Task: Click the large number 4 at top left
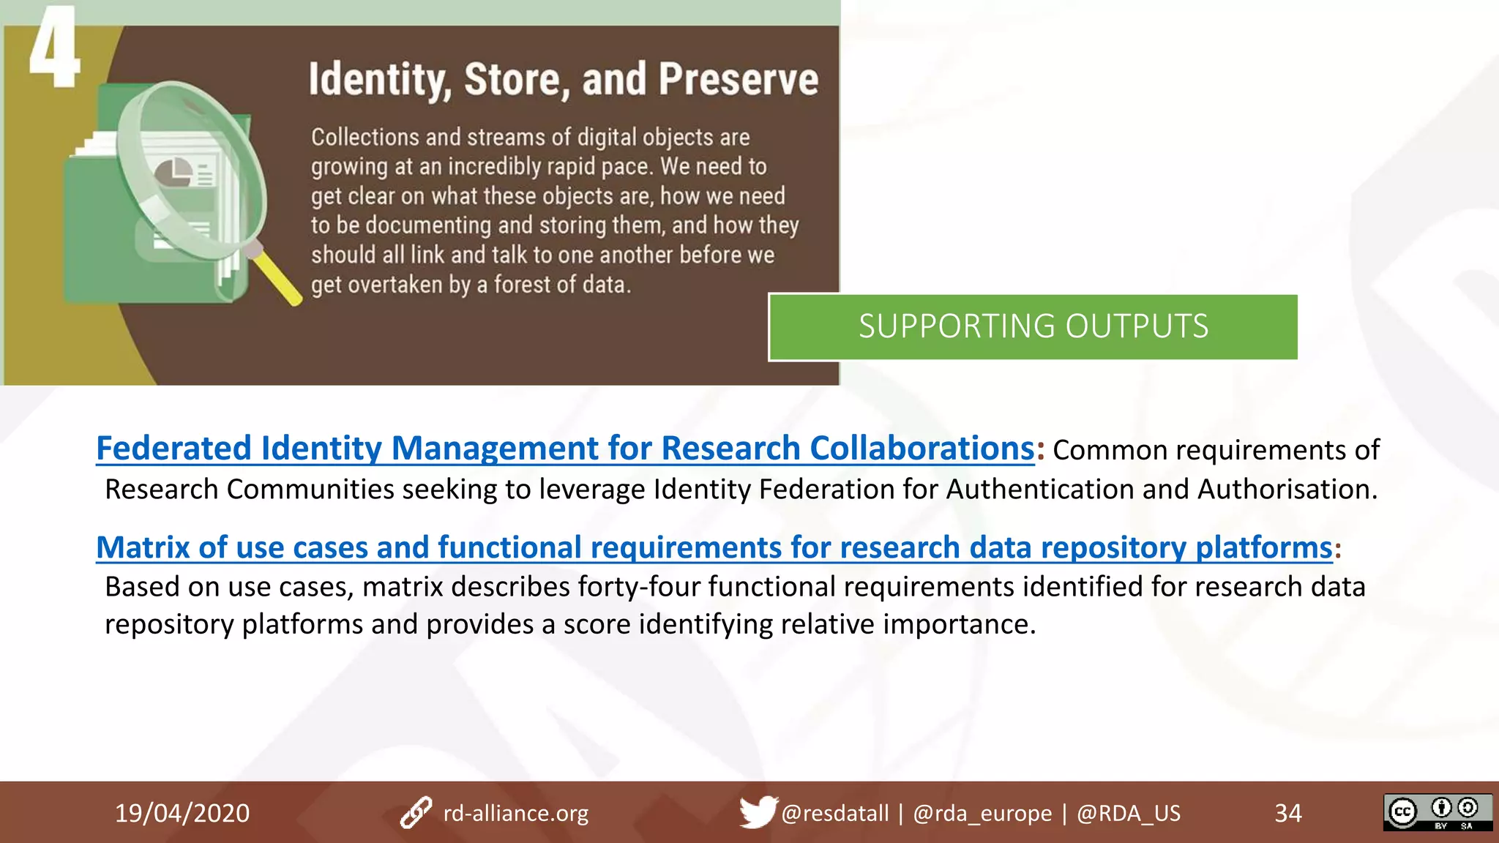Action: coord(53,48)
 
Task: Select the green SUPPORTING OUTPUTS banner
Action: coord(1033,326)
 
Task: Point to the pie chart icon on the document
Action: coord(173,173)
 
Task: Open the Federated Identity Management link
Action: coord(565,448)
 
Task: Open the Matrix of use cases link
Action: coord(714,547)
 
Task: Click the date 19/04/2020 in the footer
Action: coord(182,813)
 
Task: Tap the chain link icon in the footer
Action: coord(416,813)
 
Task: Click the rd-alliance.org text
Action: coord(516,813)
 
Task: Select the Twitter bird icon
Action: coord(757,812)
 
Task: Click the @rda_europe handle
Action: coord(982,813)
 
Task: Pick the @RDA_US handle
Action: coord(1128,813)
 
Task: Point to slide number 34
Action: coord(1288,813)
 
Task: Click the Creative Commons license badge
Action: coord(1438,812)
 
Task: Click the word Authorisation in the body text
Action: coord(1287,489)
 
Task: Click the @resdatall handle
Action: coord(834,813)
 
